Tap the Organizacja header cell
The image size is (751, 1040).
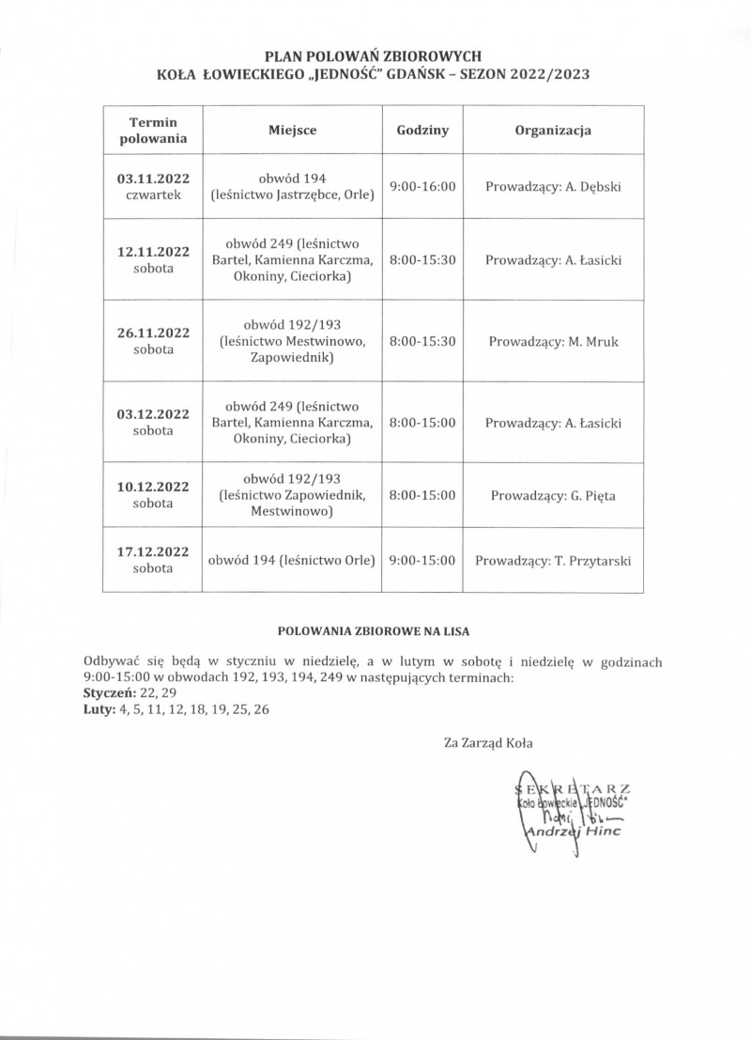click(553, 131)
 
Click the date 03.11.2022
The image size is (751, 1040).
click(153, 179)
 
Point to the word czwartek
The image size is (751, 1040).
click(153, 194)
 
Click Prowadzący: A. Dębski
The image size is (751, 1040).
click(553, 186)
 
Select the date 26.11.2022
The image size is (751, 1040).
click(153, 333)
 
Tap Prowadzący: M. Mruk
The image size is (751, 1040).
click(553, 340)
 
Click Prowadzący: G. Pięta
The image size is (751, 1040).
click(553, 494)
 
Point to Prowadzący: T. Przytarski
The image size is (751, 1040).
click(553, 561)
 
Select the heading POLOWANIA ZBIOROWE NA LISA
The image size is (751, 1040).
click(375, 630)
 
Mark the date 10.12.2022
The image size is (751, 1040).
click(153, 487)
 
